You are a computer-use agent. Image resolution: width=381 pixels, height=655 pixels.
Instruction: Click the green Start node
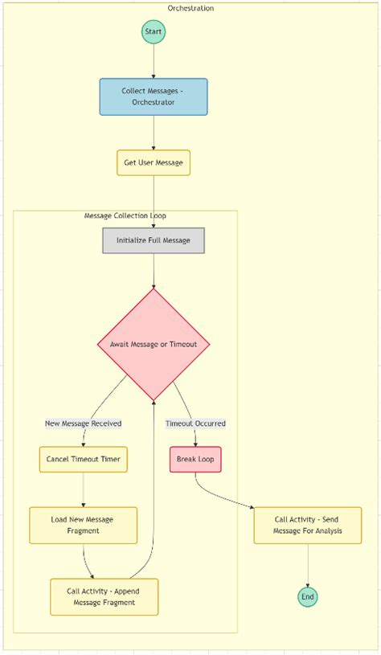[x=154, y=32]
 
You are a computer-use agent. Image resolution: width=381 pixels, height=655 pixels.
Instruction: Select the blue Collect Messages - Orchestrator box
[x=154, y=96]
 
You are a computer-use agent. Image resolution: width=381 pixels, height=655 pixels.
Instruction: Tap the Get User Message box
[x=154, y=162]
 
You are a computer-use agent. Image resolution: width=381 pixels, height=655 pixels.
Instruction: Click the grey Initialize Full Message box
[x=154, y=240]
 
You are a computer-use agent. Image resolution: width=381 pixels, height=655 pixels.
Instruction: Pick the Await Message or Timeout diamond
[x=154, y=344]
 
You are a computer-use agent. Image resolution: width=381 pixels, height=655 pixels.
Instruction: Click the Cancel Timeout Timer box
[x=84, y=460]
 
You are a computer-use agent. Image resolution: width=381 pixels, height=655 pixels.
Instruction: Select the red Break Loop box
[x=195, y=460]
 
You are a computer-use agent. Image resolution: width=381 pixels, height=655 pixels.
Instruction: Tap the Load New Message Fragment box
[x=84, y=525]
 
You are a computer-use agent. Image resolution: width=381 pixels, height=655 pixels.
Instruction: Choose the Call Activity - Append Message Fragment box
[x=104, y=596]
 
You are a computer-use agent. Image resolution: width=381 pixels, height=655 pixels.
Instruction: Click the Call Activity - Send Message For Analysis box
[x=308, y=525]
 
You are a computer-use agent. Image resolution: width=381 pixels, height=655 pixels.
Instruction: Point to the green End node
[x=308, y=596]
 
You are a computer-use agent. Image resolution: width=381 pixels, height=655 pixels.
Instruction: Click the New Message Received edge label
[x=84, y=424]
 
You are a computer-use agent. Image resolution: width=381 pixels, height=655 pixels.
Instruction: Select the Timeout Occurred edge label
[x=195, y=424]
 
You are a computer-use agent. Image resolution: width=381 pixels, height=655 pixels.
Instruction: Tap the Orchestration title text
[x=190, y=8]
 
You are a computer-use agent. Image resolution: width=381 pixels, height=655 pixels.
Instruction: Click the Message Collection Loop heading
[x=125, y=216]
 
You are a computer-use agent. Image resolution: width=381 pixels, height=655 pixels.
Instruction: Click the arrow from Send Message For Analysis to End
[x=308, y=566]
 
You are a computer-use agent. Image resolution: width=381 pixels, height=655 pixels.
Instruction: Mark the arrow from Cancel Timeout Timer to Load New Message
[x=84, y=489]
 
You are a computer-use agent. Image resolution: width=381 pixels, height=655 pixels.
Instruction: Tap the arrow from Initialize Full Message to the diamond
[x=154, y=271]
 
